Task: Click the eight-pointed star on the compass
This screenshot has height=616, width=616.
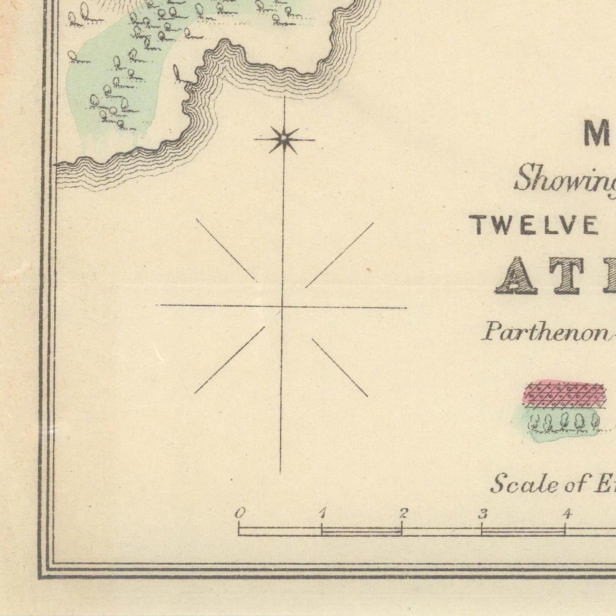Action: pos(283,140)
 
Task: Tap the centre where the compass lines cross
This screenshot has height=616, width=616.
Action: pos(282,306)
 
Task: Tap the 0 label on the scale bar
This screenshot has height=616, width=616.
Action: pos(240,513)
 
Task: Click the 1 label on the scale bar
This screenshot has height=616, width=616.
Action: pos(322,513)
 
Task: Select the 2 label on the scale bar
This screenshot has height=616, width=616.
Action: pos(404,513)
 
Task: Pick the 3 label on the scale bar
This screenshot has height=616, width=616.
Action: pos(483,513)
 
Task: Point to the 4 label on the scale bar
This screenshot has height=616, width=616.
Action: pos(567,513)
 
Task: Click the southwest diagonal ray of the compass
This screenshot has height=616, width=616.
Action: pos(229,360)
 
